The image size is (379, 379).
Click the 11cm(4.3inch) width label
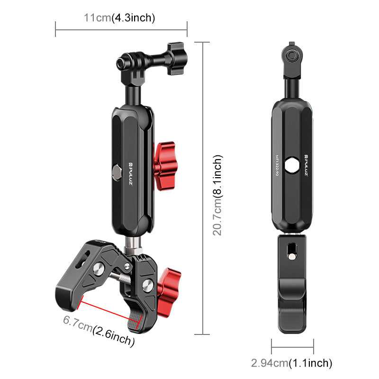point(119,18)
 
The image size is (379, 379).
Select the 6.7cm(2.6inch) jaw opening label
point(99,331)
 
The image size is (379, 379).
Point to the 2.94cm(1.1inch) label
point(291,363)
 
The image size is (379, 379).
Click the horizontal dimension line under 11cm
point(121,29)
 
